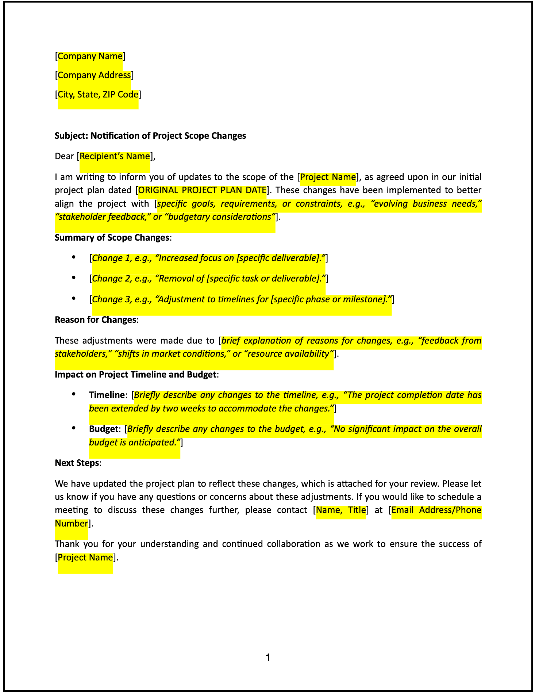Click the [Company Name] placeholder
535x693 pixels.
pos(90,56)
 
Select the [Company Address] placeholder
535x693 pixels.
pos(94,75)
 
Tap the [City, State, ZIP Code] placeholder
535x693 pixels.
pos(98,95)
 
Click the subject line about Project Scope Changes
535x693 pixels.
pos(150,136)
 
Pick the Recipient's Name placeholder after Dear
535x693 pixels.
pos(115,156)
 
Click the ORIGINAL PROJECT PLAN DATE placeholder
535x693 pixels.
pos(202,190)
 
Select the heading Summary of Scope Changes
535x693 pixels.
pos(112,238)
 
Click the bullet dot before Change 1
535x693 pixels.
pos(74,257)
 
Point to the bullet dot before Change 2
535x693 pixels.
pos(74,278)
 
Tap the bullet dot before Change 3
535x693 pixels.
pos(74,299)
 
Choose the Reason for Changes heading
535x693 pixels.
pos(96,320)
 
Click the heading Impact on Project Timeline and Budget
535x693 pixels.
pos(135,375)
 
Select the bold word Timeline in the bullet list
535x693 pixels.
pos(107,395)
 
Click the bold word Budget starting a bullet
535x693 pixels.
pos(104,429)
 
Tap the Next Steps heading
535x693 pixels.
pos(77,463)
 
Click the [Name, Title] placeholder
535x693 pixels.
pos(341,510)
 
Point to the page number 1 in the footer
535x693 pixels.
pos(268,658)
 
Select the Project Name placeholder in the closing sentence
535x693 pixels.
pos(85,558)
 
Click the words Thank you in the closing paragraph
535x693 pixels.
pos(76,544)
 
